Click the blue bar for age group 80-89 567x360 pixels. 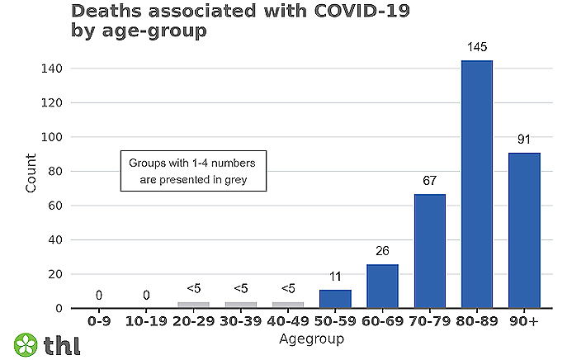pos(477,184)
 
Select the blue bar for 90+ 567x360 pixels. pos(524,230)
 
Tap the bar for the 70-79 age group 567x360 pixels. pos(429,251)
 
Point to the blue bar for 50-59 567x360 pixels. pos(335,299)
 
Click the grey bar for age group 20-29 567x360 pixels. pos(193,305)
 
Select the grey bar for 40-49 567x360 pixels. pos(288,305)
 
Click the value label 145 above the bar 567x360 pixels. pos(477,49)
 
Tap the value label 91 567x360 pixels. pos(524,140)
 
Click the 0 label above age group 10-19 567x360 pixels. pos(146,295)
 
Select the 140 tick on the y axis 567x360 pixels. pos(51,69)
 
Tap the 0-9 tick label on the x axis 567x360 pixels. pos(99,321)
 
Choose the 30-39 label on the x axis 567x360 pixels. pos(241,321)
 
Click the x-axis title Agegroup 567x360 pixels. pos(311,339)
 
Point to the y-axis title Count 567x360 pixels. pos(31,172)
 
